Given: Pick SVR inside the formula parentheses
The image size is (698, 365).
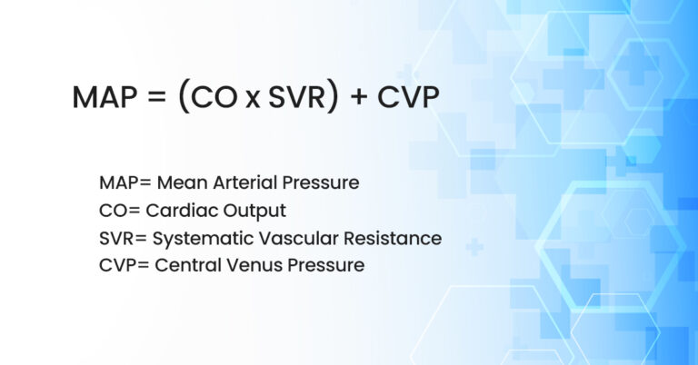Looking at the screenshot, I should coord(294,97).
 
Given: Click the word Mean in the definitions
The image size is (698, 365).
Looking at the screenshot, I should coord(181,182).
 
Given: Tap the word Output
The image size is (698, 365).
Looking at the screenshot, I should coord(254,212).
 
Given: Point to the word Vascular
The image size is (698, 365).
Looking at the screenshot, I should coord(292,238).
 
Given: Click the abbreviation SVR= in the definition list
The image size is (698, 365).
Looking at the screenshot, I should coord(125,238).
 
